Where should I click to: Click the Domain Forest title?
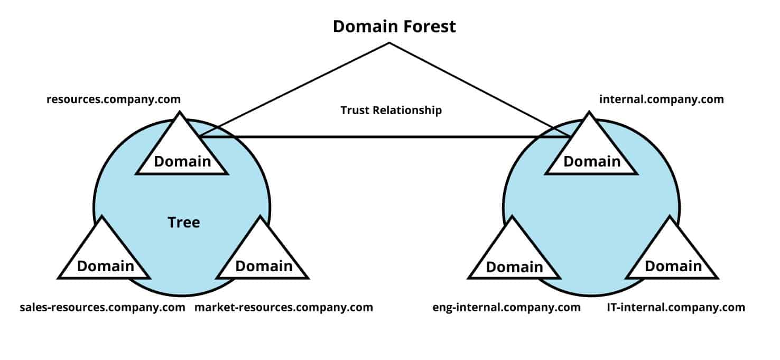click(394, 26)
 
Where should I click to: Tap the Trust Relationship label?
click(391, 110)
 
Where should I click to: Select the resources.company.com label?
click(114, 99)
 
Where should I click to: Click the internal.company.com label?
click(662, 99)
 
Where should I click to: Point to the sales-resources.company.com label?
click(103, 307)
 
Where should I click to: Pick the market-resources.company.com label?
click(284, 307)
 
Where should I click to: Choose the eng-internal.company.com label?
click(506, 307)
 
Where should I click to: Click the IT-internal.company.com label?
click(676, 307)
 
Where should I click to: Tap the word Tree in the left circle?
click(184, 223)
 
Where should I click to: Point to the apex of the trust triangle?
click(389, 43)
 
